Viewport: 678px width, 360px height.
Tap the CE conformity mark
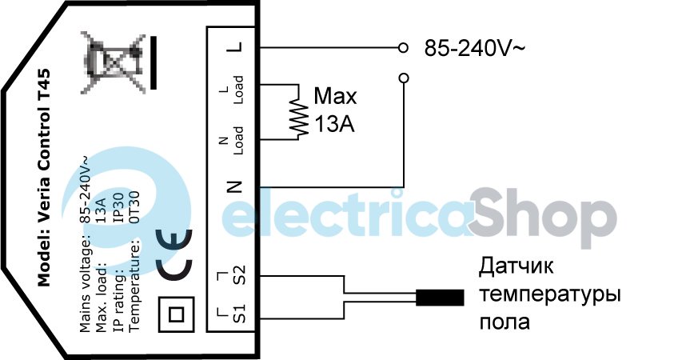coord(174,254)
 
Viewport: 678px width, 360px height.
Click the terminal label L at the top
coord(233,47)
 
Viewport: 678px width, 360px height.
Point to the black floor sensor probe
coord(440,298)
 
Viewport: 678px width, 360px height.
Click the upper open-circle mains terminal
coord(404,48)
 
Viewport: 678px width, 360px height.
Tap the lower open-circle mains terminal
coord(404,78)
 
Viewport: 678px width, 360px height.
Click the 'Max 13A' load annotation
coord(334,111)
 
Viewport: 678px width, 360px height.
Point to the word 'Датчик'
coord(516,266)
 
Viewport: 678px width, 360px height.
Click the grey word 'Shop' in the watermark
coord(543,215)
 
